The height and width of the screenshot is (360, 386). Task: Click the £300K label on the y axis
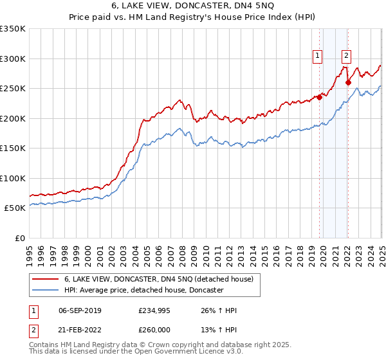click(x=13, y=59)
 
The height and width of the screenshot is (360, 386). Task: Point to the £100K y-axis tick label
click(x=13, y=178)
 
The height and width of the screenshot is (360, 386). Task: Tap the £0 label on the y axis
click(x=19, y=238)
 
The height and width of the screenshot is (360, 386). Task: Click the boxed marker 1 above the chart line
click(x=318, y=56)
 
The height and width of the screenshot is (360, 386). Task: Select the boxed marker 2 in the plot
click(x=346, y=56)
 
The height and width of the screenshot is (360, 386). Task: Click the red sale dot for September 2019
click(x=319, y=98)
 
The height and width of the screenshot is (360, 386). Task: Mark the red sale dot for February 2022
click(x=348, y=82)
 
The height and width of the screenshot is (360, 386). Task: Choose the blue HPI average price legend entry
click(x=143, y=290)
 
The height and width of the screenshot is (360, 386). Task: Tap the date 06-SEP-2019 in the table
click(x=80, y=311)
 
